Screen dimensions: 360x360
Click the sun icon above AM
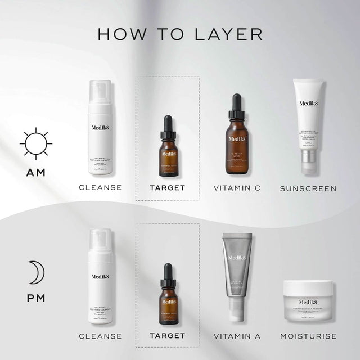point(36,143)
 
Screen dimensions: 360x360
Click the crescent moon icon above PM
point(37,272)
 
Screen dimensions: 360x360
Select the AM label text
point(36,173)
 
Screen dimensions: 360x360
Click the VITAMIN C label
point(237,188)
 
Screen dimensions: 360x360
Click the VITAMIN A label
point(237,336)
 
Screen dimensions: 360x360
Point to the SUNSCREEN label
point(308,188)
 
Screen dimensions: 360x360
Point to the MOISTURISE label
point(308,336)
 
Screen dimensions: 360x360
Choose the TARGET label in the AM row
point(167,188)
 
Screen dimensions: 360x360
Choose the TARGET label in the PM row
point(167,336)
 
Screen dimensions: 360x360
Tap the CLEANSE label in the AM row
point(100,188)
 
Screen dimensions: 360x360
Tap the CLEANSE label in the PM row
point(100,336)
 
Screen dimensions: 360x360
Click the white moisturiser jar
point(308,300)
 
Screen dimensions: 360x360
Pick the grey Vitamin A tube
point(237,270)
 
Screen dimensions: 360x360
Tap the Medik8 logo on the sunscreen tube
point(308,103)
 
